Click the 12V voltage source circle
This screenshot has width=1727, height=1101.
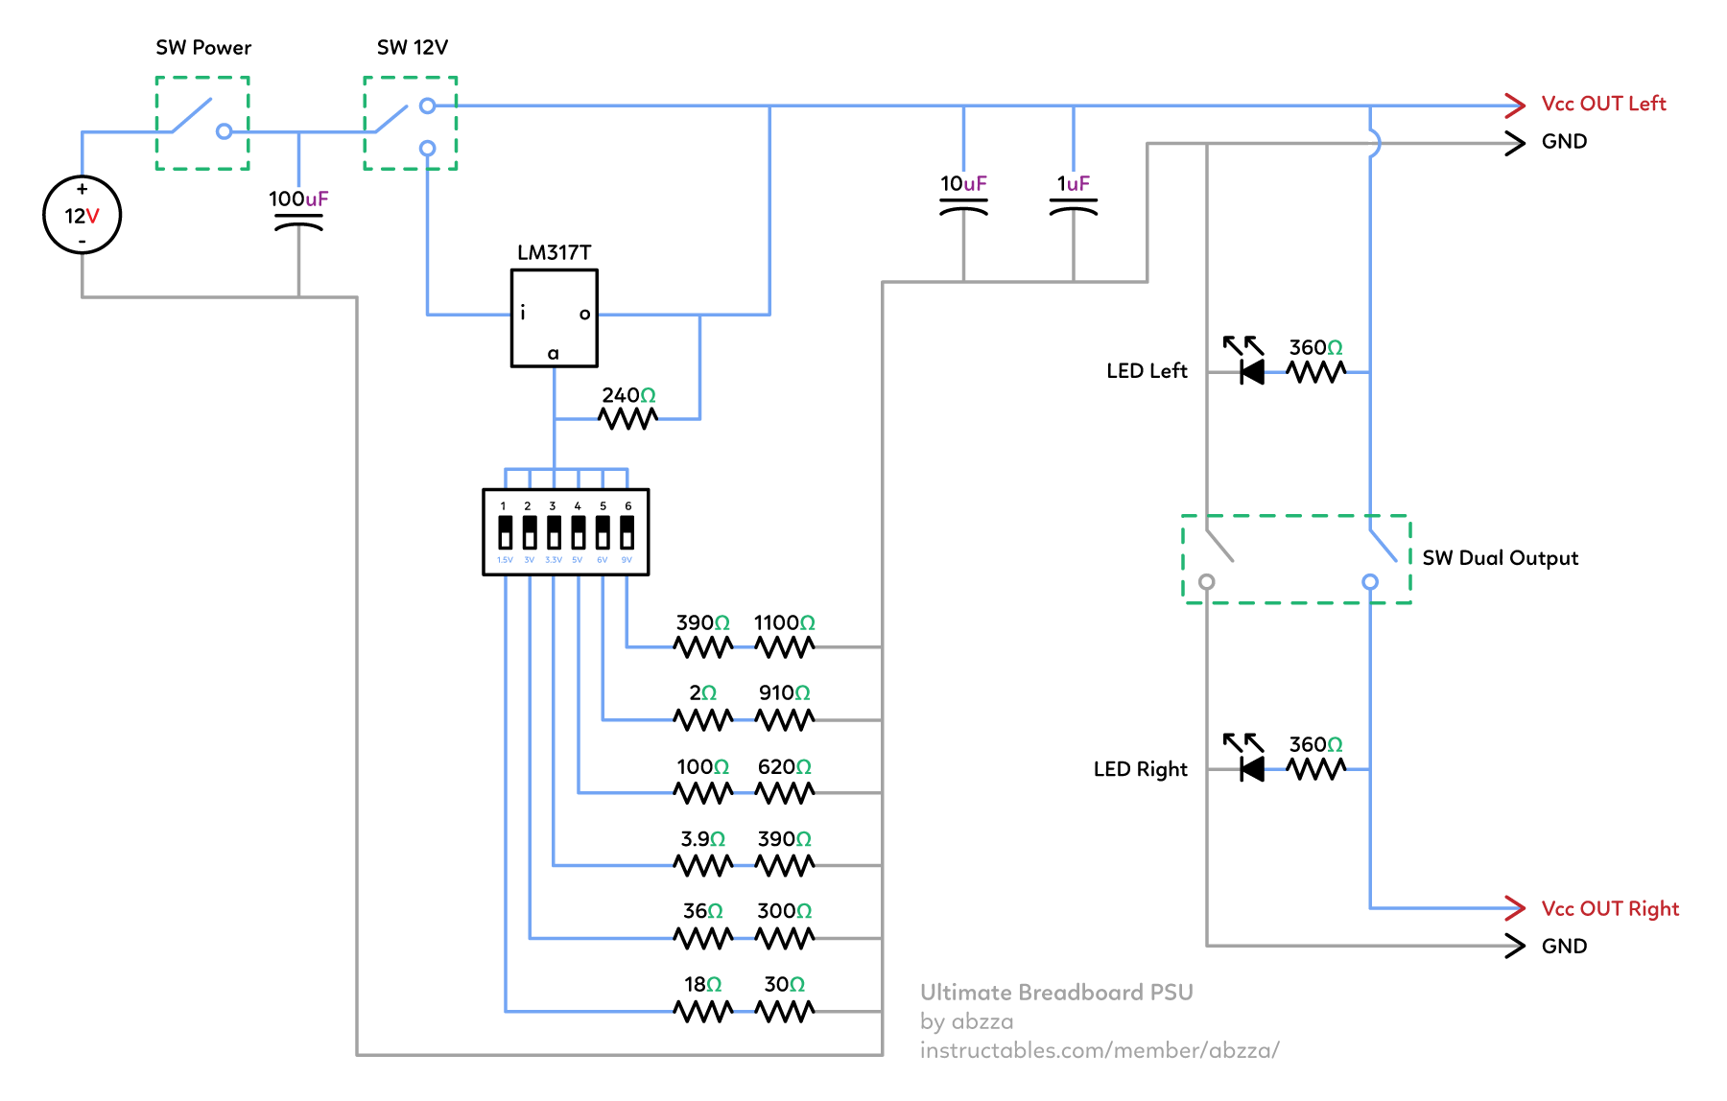83,215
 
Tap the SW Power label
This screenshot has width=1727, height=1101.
203,48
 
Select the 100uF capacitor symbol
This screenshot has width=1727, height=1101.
298,223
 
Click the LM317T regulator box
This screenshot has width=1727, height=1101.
554,317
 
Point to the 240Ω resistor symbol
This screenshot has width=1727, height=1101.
627,418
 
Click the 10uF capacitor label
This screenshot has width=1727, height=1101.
963,183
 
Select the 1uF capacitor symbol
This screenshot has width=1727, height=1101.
1073,207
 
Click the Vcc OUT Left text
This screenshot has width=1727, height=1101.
1603,104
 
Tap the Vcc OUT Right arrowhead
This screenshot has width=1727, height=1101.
1515,907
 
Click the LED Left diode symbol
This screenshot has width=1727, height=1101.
1251,371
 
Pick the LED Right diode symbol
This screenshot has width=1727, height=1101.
1251,768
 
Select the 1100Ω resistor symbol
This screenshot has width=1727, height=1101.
785,647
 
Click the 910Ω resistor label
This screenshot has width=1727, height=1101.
784,692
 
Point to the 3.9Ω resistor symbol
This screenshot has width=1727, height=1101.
703,865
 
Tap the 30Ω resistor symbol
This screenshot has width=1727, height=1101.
785,1011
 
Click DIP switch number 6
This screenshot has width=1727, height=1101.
627,532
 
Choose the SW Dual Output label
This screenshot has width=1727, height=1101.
1500,558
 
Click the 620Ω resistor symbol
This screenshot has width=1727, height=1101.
785,792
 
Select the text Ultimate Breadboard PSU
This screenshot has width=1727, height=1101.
1056,993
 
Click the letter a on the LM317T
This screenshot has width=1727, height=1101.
553,354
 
